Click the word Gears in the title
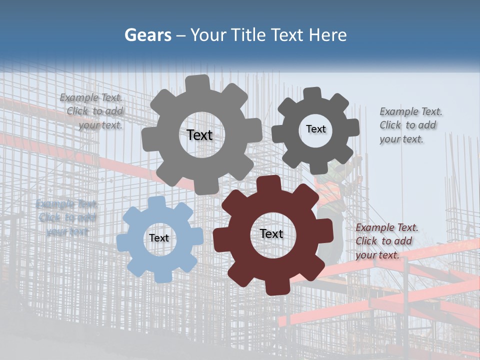click(x=147, y=35)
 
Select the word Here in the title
click(x=327, y=35)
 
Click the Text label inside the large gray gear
click(x=199, y=135)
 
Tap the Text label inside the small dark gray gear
click(x=315, y=129)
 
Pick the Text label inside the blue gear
click(x=159, y=238)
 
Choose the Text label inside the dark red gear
click(x=271, y=233)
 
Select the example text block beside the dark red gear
click(x=386, y=241)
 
